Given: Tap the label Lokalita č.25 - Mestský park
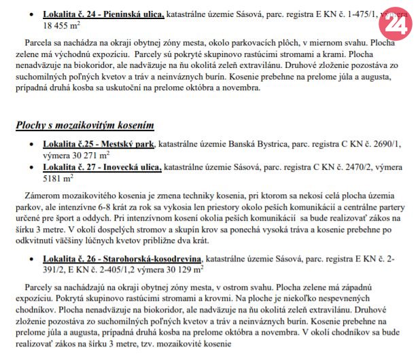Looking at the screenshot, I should [x=99, y=145].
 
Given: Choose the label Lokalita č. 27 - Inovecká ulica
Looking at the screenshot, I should [x=102, y=167].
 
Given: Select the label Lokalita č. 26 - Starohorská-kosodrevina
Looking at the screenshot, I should [x=122, y=259].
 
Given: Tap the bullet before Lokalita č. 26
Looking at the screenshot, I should [x=31, y=259].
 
